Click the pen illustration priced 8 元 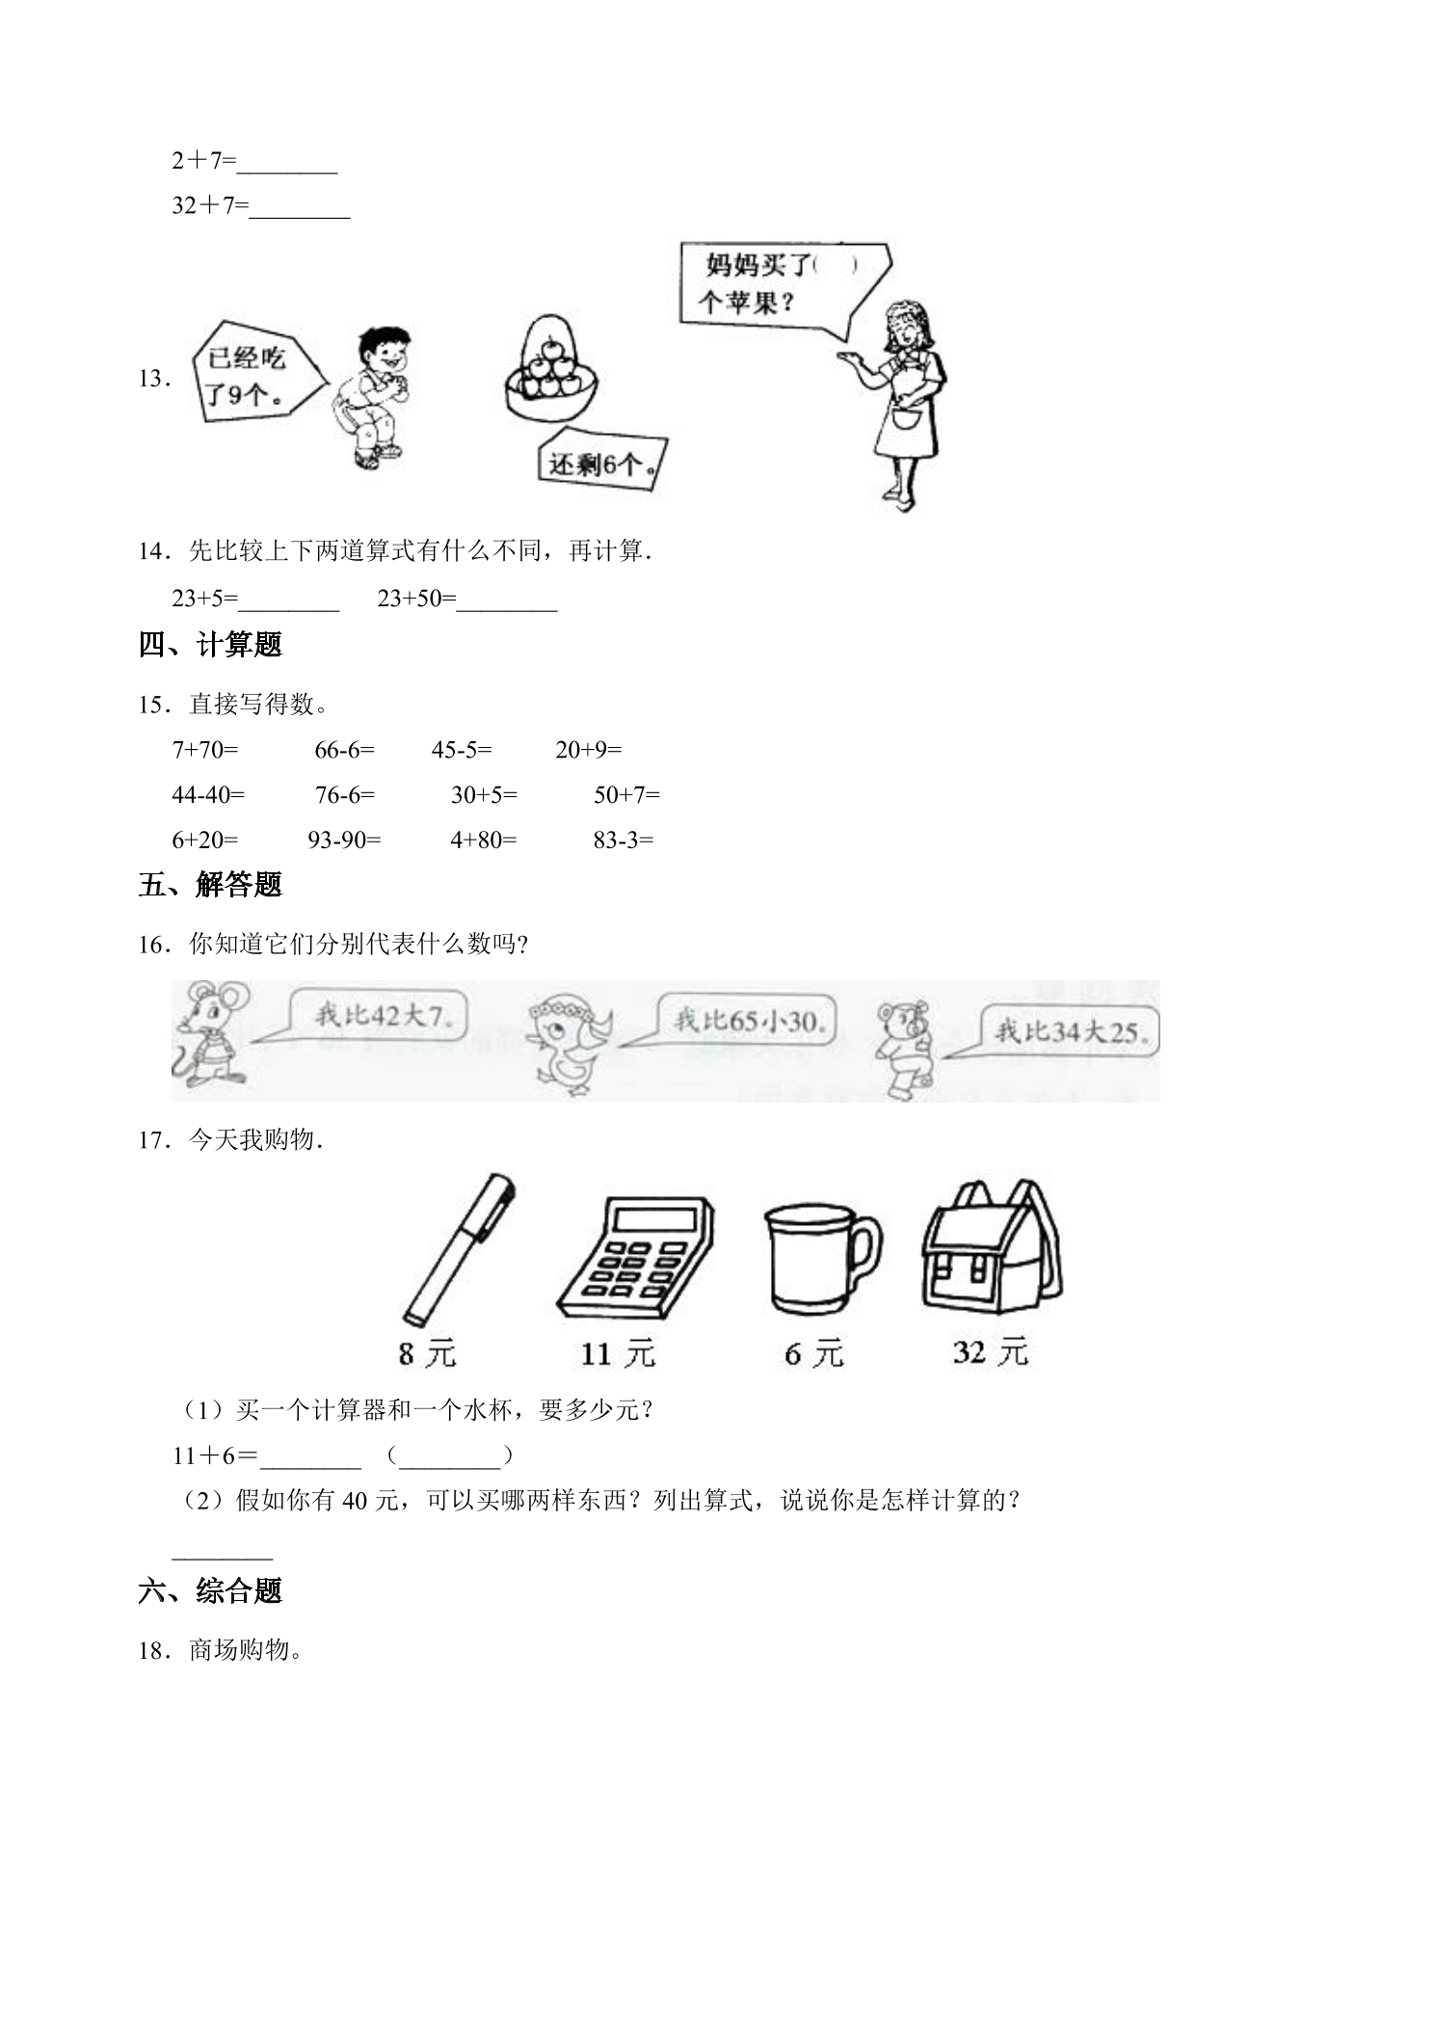(459, 1249)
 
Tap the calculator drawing (636, 1257)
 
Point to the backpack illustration (993, 1245)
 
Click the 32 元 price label (991, 1352)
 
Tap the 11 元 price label (618, 1354)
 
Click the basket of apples (552, 367)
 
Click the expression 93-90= (344, 840)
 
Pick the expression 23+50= (416, 599)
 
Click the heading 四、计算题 (210, 645)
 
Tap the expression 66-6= (344, 749)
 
